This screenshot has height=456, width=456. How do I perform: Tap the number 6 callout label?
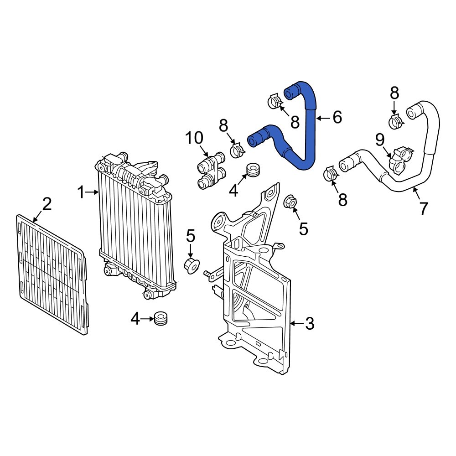[337, 117]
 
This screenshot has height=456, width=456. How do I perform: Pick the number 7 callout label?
[424, 208]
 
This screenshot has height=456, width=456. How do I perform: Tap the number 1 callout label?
[81, 193]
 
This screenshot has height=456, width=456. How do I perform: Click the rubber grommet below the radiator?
[160, 319]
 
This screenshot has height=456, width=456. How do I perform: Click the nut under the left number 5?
[191, 264]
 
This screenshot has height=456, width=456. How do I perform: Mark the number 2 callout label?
[47, 204]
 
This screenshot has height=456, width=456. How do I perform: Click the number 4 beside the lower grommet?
[135, 319]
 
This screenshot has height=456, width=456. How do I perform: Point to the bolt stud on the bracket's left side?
[209, 274]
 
